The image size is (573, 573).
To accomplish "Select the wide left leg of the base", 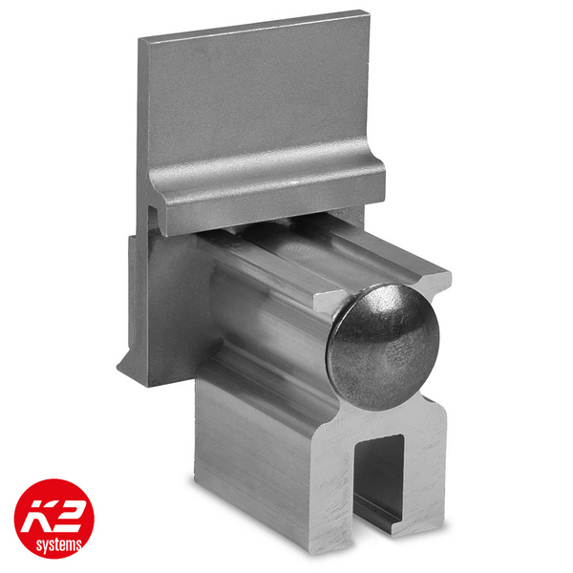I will click(277, 458).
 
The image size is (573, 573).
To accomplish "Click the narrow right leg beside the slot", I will click(425, 477).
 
